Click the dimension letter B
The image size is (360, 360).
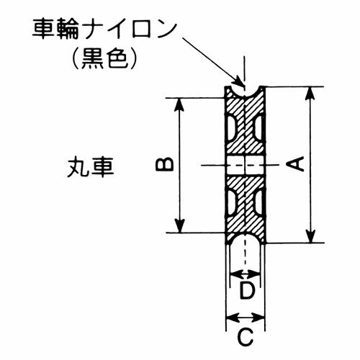tap(165, 164)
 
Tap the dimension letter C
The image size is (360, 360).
tap(246, 337)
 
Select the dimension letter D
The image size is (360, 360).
tap(247, 291)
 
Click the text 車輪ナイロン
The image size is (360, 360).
tap(104, 30)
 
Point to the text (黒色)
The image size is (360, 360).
tap(105, 60)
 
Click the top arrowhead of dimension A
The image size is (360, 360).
tap(311, 94)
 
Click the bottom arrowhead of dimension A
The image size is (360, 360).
tap(311, 235)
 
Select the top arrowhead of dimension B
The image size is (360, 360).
tap(180, 105)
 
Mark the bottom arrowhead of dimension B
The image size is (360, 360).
tap(180, 225)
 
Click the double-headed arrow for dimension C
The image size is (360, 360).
tap(246, 318)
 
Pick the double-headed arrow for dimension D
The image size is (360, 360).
tap(245, 274)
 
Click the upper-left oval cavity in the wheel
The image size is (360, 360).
tap(231, 129)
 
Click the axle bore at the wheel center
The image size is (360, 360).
tap(245, 165)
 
